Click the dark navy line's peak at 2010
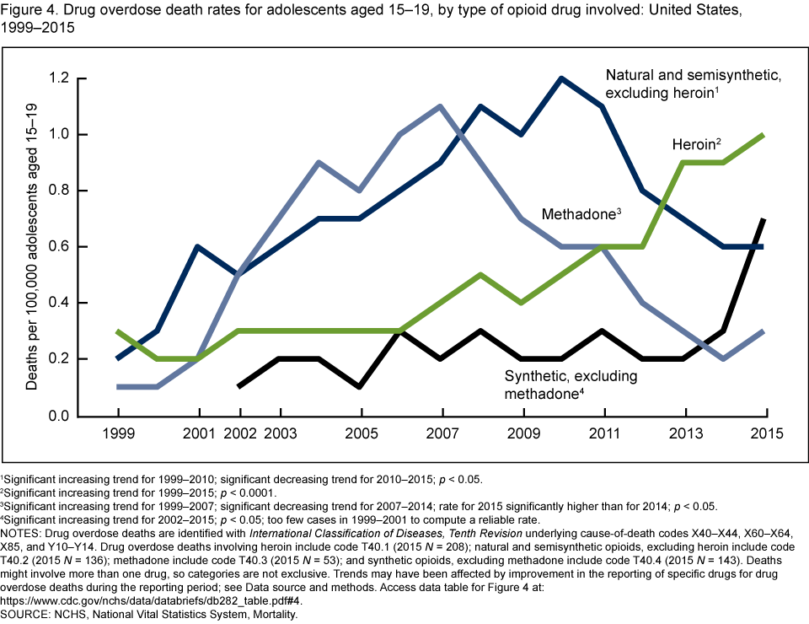pos(561,78)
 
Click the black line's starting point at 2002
pos(238,387)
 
